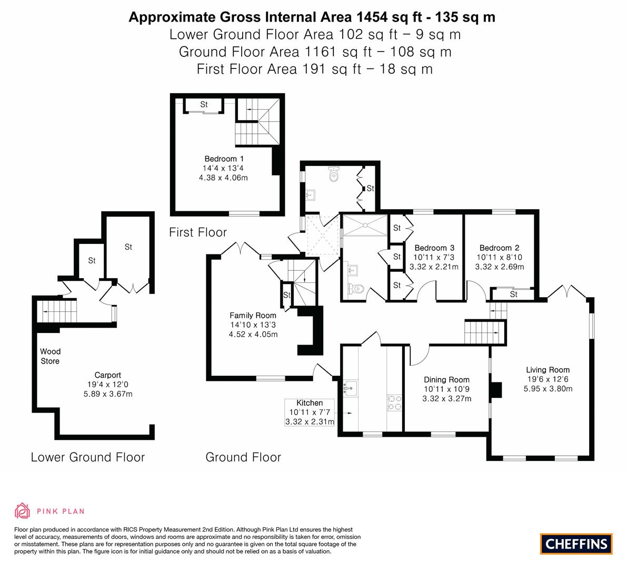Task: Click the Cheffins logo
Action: [576, 543]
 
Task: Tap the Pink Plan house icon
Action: [22, 511]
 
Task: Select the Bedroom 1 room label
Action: [224, 159]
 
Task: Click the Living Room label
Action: [548, 370]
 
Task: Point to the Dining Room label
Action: [446, 379]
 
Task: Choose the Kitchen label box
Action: [310, 412]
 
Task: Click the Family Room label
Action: [253, 316]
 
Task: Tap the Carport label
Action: [107, 375]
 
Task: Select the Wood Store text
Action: [51, 356]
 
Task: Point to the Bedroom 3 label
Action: [434, 248]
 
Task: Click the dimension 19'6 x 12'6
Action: [548, 379]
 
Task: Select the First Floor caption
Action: [198, 232]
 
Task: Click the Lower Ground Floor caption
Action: [87, 457]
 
